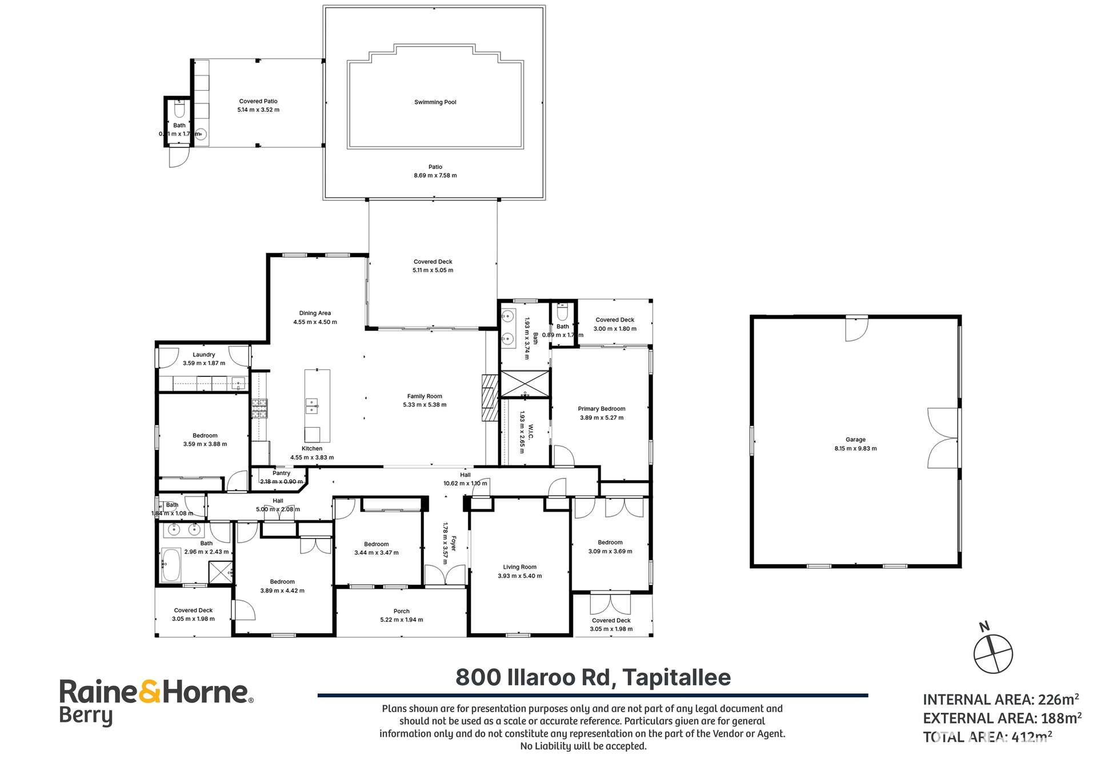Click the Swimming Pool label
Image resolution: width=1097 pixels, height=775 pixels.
(x=435, y=102)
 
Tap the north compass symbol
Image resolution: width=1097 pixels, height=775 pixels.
(x=993, y=653)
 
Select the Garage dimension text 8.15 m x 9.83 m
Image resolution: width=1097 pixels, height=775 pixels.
(x=855, y=449)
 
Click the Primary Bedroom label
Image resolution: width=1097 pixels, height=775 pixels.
(x=601, y=409)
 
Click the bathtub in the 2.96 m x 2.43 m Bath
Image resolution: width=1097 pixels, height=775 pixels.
(x=171, y=564)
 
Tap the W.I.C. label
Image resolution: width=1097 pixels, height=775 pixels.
(x=530, y=432)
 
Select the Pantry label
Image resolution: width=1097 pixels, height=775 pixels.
(x=281, y=473)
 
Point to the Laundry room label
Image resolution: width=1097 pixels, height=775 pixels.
(x=203, y=355)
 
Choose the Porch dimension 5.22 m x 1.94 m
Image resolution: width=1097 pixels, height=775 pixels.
(x=401, y=620)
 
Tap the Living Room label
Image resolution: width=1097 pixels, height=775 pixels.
(x=519, y=567)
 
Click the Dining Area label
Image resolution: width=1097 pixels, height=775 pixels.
(x=315, y=313)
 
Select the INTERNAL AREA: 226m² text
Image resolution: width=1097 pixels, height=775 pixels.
(x=1000, y=700)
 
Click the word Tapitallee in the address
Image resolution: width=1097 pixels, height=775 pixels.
(x=676, y=677)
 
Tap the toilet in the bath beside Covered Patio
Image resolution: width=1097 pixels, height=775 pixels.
(x=179, y=109)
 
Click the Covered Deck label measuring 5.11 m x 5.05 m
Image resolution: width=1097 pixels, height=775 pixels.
(x=433, y=262)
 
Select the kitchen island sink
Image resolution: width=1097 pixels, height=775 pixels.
(x=311, y=405)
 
